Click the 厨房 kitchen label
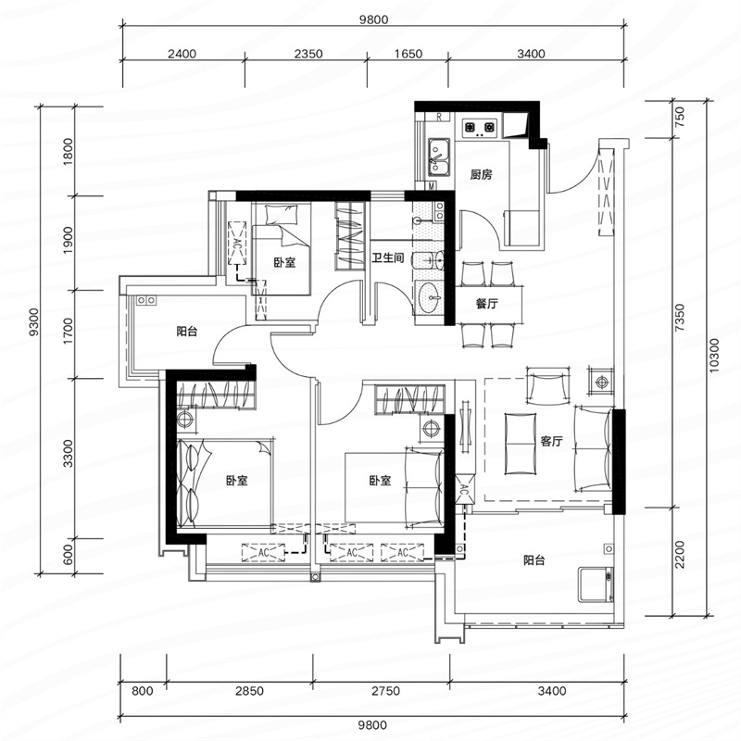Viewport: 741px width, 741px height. (x=481, y=175)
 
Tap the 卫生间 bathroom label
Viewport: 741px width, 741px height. (x=387, y=258)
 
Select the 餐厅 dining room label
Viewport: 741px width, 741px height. (x=487, y=304)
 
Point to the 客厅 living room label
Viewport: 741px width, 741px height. (x=551, y=442)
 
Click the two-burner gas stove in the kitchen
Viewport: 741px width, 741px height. (x=480, y=127)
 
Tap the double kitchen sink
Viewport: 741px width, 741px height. (x=439, y=157)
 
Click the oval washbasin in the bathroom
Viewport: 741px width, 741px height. (x=430, y=297)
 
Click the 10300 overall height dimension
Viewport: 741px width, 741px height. (x=713, y=356)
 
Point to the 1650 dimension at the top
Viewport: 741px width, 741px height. (x=408, y=54)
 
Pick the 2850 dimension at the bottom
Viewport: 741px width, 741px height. (x=249, y=691)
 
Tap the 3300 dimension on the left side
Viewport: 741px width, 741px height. (x=69, y=453)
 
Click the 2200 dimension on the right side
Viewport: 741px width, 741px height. (x=680, y=555)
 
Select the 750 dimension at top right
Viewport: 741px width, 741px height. (x=680, y=117)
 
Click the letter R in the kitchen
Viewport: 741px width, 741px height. (x=439, y=117)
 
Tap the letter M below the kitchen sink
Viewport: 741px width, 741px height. (x=432, y=186)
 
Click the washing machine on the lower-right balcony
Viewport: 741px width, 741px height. (x=597, y=584)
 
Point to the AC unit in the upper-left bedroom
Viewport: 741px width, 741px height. (x=238, y=244)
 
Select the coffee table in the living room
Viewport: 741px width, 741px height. (x=521, y=444)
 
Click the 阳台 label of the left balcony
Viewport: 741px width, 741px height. (x=187, y=332)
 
